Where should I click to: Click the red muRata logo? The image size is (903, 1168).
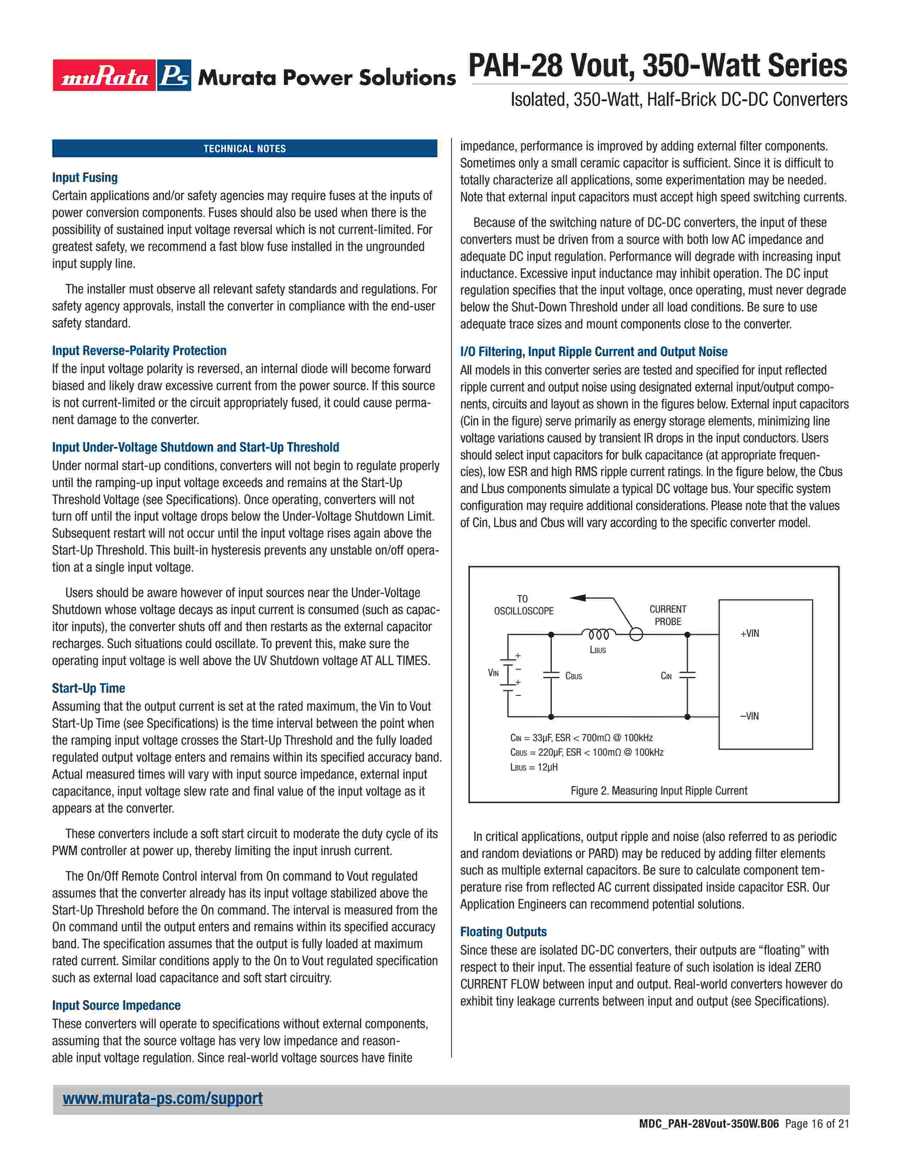tap(104, 75)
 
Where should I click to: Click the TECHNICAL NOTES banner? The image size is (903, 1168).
tap(244, 149)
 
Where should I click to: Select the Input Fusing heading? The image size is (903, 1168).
tap(85, 178)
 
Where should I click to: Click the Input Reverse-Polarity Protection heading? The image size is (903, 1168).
tap(139, 351)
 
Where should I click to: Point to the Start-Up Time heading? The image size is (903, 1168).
tap(88, 688)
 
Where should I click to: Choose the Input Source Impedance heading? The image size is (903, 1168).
tap(116, 1006)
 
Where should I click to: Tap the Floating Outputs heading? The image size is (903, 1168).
tap(504, 932)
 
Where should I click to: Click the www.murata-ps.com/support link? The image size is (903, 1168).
tap(163, 1099)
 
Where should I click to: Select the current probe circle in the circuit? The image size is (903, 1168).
tap(636, 635)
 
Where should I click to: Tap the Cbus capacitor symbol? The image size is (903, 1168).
tap(551, 675)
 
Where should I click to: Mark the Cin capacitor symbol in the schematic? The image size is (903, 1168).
tap(687, 675)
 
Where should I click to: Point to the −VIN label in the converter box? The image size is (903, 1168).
tap(749, 716)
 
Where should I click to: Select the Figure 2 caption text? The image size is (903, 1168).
tap(659, 790)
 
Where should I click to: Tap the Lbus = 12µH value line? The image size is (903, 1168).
tap(534, 767)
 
